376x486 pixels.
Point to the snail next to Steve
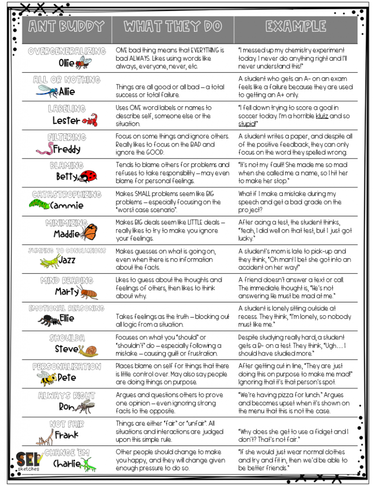tap(89, 350)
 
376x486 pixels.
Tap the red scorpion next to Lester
tap(90, 120)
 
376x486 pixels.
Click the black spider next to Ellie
tap(49, 320)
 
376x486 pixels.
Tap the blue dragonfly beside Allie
tap(47, 90)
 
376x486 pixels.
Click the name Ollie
tap(67, 62)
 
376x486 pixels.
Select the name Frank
tap(67, 434)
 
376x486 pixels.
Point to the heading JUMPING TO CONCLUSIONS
tap(67, 251)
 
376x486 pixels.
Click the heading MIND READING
tap(67, 280)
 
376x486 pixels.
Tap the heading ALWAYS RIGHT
tap(67, 396)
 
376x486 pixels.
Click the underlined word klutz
tap(322, 116)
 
